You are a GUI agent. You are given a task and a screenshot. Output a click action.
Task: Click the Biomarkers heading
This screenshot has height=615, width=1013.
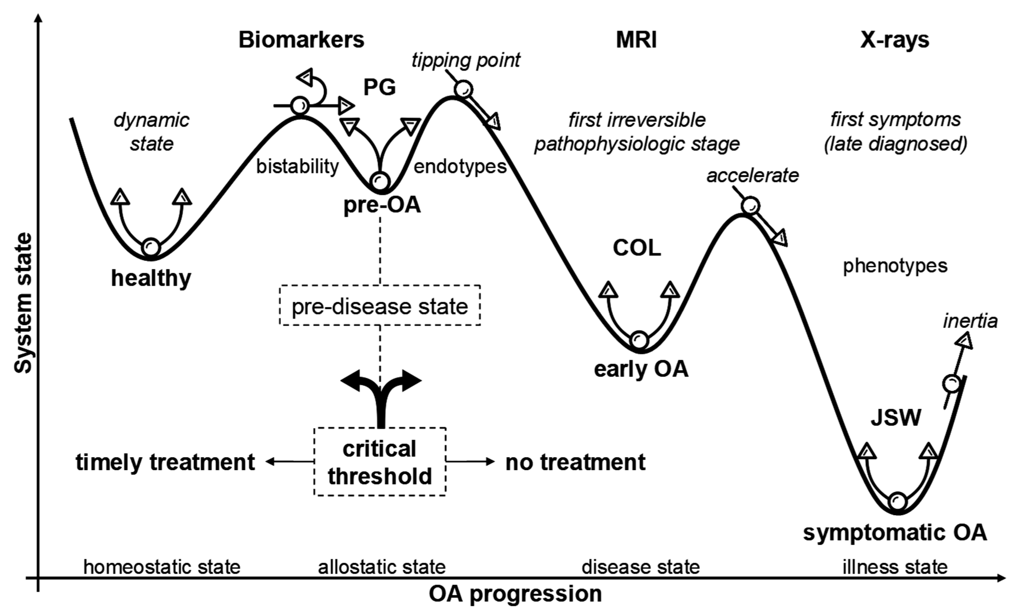301,40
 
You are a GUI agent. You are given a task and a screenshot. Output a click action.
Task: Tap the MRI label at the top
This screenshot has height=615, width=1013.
636,40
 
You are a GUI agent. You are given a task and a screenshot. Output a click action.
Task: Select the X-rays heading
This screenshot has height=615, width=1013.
895,40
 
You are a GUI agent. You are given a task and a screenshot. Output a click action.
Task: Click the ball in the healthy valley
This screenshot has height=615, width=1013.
151,247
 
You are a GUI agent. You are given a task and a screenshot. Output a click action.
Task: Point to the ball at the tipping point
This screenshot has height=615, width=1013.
463,89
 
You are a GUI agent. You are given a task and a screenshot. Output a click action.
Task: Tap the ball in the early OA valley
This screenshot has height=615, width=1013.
639,340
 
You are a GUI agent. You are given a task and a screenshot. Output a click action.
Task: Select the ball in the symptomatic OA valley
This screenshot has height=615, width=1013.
897,501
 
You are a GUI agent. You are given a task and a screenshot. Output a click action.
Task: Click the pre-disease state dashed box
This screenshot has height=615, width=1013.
380,306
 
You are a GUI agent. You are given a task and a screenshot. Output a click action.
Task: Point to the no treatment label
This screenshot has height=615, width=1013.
575,462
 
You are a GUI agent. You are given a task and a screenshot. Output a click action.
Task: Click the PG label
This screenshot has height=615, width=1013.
380,87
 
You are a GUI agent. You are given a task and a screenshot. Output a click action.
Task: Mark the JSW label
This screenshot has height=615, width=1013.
896,418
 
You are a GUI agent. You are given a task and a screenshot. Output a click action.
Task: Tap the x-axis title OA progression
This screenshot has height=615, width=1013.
515,594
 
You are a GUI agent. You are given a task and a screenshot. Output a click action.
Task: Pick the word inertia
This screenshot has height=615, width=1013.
970,321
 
